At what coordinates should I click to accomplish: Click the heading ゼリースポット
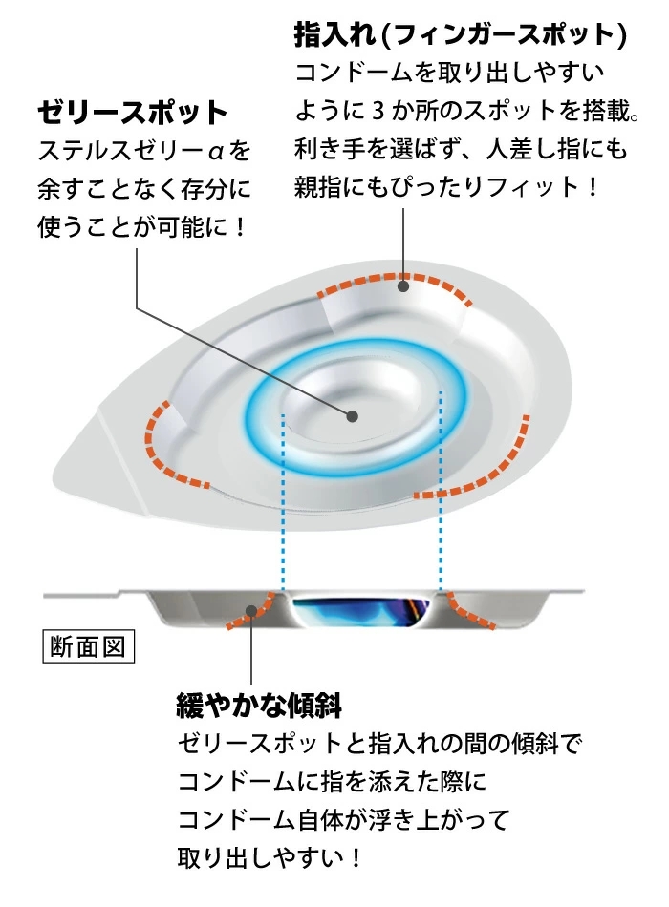pyautogui.click(x=133, y=113)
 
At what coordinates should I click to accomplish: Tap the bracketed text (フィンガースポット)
pyautogui.click(x=504, y=35)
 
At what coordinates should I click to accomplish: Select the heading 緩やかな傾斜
pyautogui.click(x=259, y=706)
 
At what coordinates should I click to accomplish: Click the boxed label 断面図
pyautogui.click(x=89, y=646)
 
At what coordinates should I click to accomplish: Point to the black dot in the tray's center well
pyautogui.click(x=352, y=416)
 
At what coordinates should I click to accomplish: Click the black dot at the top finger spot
pyautogui.click(x=403, y=285)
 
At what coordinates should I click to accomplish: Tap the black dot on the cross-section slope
pyautogui.click(x=251, y=611)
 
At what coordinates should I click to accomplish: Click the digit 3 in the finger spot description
pyautogui.click(x=378, y=111)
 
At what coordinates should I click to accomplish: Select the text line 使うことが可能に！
pyautogui.click(x=142, y=227)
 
